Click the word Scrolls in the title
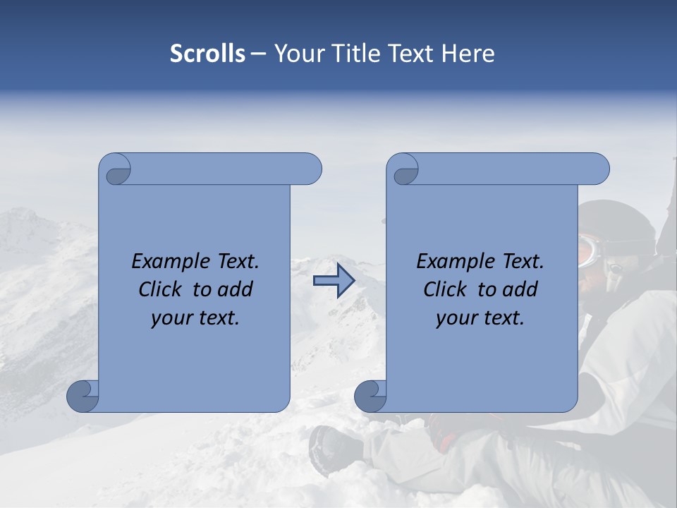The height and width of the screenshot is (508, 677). pyautogui.click(x=207, y=54)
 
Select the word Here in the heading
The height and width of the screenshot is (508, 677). pyautogui.click(x=468, y=54)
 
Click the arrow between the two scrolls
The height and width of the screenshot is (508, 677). pyautogui.click(x=334, y=280)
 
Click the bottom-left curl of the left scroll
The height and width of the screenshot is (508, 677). pyautogui.click(x=83, y=396)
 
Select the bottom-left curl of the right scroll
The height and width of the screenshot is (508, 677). pyautogui.click(x=370, y=397)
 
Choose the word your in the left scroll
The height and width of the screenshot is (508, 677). pyautogui.click(x=171, y=317)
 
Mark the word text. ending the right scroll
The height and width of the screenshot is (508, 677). pyautogui.click(x=504, y=317)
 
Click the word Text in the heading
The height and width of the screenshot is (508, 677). pyautogui.click(x=411, y=54)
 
